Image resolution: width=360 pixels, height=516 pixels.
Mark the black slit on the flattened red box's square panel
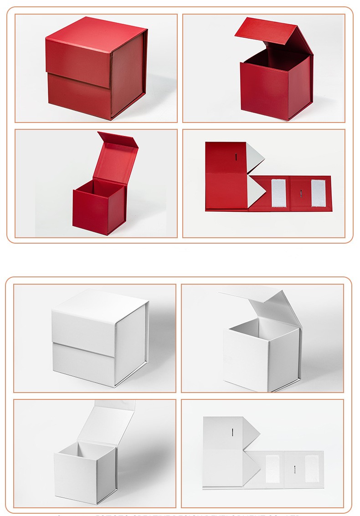236,157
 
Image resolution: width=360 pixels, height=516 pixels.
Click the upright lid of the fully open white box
109,421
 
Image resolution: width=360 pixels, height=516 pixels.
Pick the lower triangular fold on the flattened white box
251,468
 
